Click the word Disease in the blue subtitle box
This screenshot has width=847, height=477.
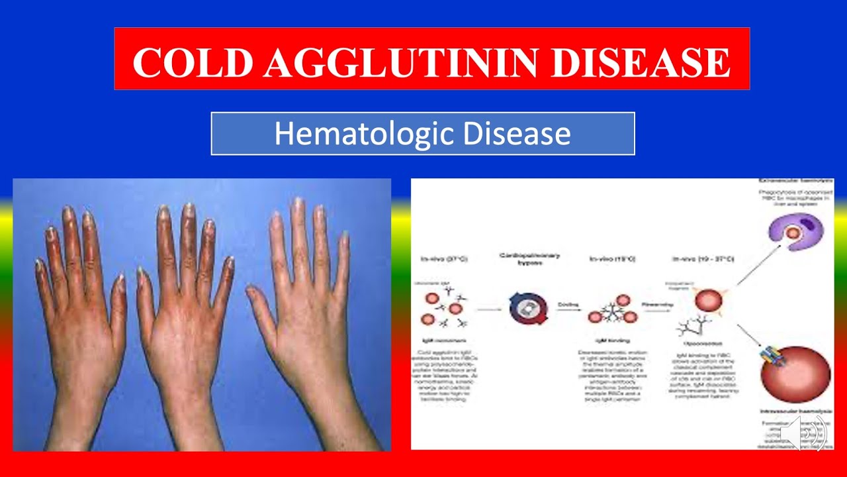517,134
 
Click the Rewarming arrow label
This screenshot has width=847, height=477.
657,304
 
